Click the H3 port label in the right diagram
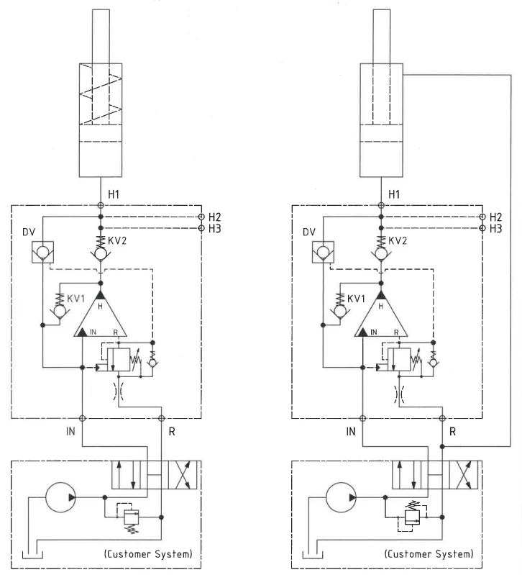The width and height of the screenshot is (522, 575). (495, 228)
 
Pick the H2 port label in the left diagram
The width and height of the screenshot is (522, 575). (214, 217)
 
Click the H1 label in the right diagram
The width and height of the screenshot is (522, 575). (395, 194)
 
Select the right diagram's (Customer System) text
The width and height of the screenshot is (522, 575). (429, 554)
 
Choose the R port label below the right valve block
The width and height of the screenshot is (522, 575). (452, 432)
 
